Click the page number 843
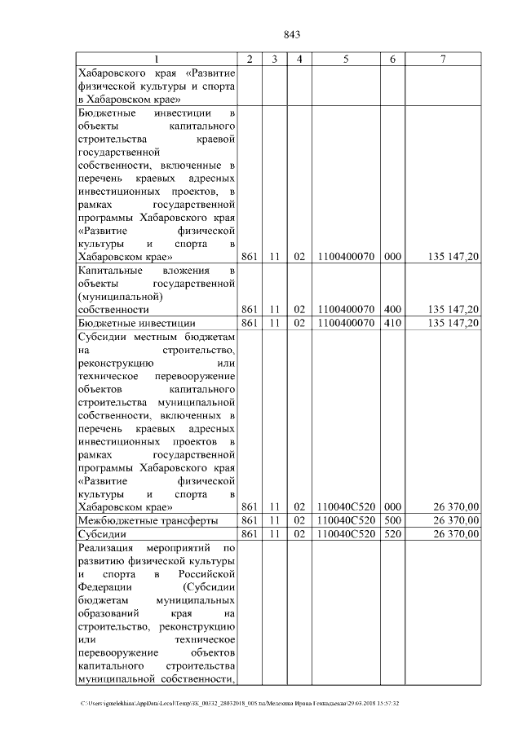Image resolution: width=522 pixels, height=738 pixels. (x=291, y=34)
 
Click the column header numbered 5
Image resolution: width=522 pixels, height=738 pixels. (x=346, y=60)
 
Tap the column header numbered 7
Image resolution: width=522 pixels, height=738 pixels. (x=442, y=60)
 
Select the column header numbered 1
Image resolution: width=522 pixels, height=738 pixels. (x=157, y=60)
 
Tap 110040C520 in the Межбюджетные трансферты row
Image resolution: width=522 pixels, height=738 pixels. (x=346, y=520)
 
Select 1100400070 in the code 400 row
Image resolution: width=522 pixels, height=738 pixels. (x=346, y=310)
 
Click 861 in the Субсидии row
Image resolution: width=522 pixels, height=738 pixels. (x=250, y=534)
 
